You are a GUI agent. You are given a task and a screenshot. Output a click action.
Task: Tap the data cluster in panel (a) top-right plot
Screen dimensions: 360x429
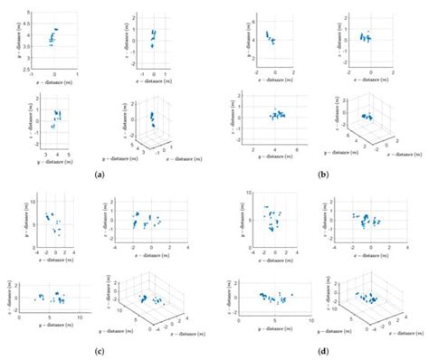tap(153, 38)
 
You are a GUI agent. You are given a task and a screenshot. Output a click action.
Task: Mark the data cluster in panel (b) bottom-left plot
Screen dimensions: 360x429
tap(279, 115)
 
